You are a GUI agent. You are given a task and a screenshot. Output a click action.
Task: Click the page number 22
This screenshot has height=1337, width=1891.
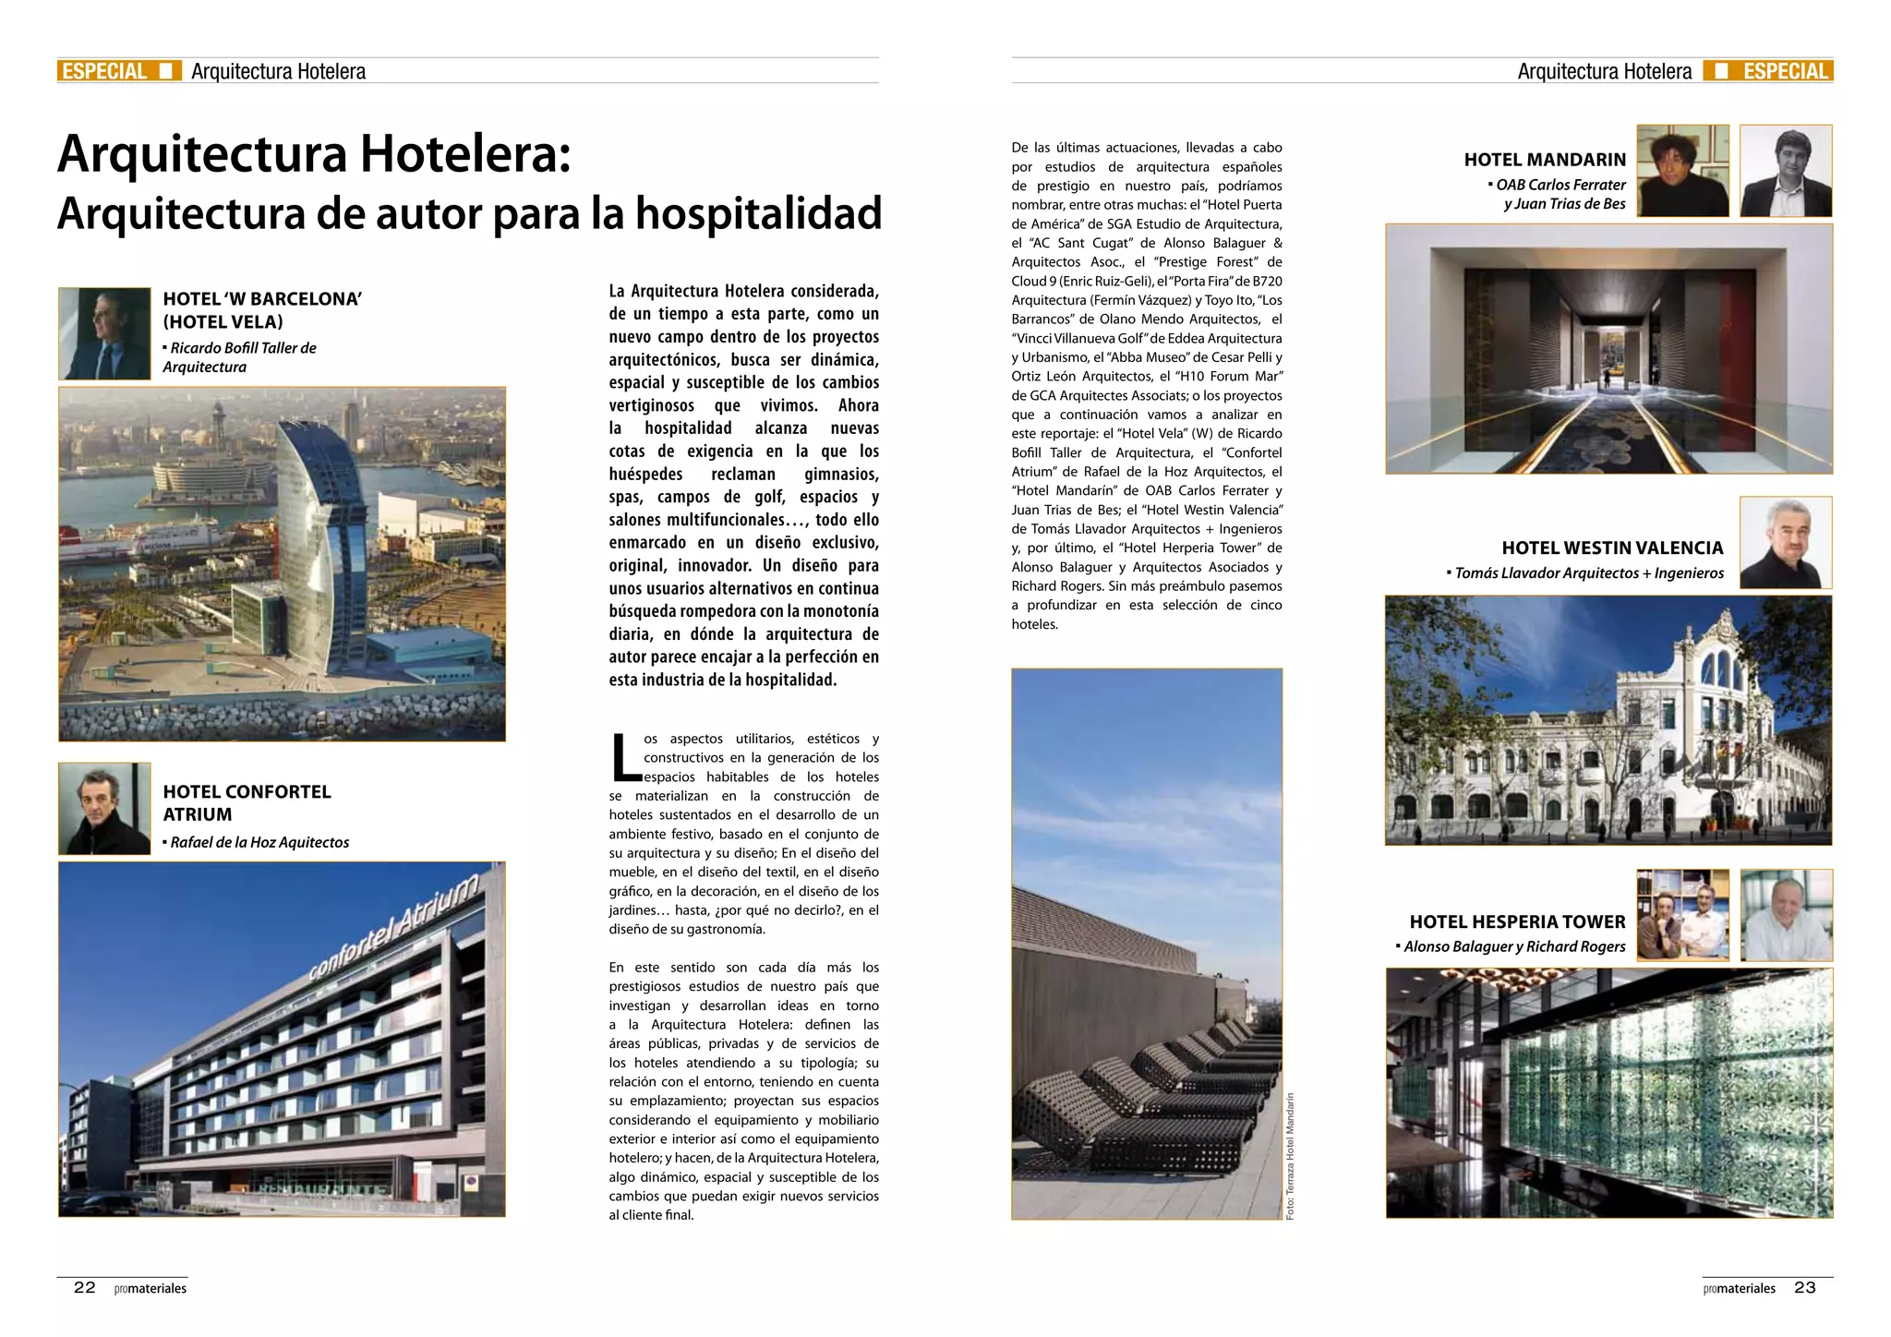tap(84, 1287)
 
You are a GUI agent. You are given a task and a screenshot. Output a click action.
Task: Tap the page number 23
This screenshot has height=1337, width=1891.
tap(1804, 1287)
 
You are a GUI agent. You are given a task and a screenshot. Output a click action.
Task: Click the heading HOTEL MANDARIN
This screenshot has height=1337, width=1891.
tap(1544, 160)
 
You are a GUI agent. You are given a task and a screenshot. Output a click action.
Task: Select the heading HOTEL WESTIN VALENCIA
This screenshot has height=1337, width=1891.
tap(1612, 548)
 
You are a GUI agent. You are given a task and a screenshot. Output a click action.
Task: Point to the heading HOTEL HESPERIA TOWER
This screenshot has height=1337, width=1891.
tap(1517, 921)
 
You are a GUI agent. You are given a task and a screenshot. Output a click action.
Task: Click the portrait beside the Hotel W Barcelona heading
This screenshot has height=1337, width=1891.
tap(104, 333)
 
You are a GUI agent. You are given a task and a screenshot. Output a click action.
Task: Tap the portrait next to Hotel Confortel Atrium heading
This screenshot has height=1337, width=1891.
tap(104, 808)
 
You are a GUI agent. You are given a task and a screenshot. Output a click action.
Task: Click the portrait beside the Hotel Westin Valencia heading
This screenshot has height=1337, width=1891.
tap(1785, 542)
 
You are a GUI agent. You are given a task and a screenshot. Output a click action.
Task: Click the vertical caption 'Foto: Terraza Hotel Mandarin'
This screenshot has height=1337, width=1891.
tap(1290, 1156)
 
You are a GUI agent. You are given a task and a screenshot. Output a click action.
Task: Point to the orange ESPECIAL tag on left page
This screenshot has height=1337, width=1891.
tap(104, 71)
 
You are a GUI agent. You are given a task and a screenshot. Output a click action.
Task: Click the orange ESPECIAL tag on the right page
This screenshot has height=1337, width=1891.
tap(1785, 71)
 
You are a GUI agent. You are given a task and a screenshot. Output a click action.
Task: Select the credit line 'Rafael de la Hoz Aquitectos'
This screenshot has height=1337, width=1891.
tap(259, 842)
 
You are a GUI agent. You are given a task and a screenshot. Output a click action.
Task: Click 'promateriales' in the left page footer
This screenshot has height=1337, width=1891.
tap(151, 1288)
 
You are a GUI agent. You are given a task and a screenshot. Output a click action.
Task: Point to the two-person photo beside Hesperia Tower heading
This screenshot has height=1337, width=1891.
tap(1682, 915)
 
